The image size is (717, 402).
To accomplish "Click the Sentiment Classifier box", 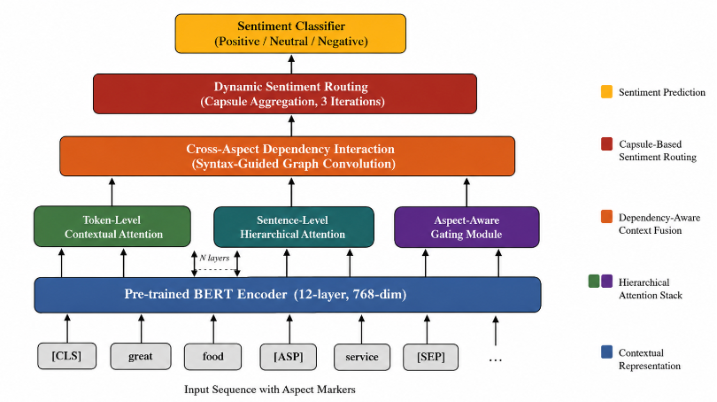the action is pos(290,34).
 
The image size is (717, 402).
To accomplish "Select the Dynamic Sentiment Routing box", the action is pos(285,94).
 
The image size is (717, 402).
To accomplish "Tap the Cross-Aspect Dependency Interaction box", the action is pos(287,156).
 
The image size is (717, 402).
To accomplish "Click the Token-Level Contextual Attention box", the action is pos(112,227).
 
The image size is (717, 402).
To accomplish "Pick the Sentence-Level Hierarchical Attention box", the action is pos(294,227).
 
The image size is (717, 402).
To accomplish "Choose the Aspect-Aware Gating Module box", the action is pos(466,227).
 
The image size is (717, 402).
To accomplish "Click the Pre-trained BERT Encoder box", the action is pos(288,295).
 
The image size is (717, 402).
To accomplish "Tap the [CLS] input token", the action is pos(66,356).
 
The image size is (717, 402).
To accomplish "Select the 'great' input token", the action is pos(141,356).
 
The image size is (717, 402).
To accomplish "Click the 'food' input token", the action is pos(212,357).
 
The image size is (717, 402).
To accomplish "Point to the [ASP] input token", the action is pos(288,357).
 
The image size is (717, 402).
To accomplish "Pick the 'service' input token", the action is pos(362,357).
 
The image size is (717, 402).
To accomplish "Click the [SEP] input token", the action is pos(430,357).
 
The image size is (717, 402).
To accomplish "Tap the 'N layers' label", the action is pos(214,258).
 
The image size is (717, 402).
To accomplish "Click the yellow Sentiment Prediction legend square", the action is pos(606,91).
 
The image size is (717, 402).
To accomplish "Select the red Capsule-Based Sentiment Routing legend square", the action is pos(606,143).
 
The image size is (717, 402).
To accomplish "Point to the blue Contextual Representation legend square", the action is pos(606,352).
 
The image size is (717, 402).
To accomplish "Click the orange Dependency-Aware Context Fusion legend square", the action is pos(606,216).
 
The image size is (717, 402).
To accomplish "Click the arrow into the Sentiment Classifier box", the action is pos(291,64).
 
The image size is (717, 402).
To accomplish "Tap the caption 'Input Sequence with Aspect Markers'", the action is pos(270,390).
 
